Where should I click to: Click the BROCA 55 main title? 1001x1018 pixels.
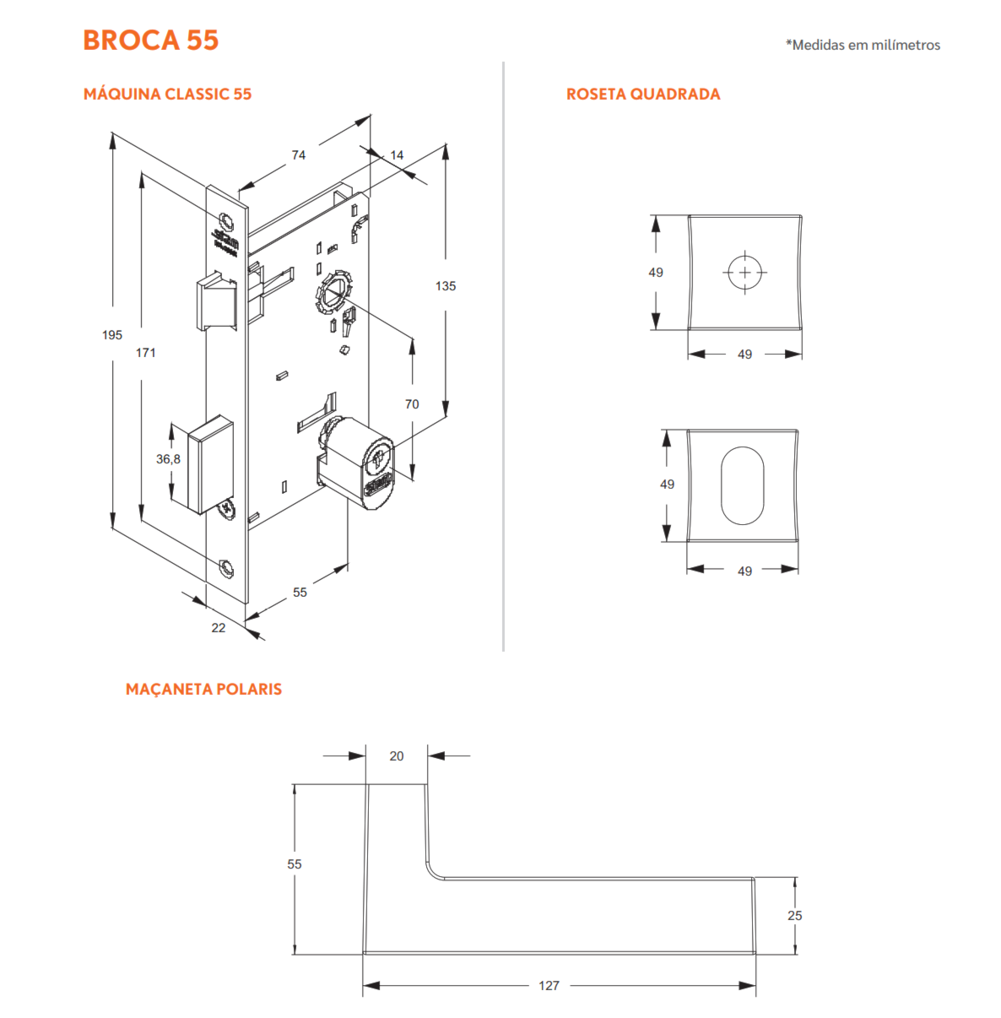pos(150,40)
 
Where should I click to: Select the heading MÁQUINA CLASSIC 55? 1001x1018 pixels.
pos(167,94)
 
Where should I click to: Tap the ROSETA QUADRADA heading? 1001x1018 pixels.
pos(643,94)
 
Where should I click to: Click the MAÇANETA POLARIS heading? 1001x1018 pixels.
pos(203,689)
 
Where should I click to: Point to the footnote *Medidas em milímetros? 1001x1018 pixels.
pos(863,45)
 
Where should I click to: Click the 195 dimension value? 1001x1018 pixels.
pos(112,335)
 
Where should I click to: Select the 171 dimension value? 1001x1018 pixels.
pos(146,353)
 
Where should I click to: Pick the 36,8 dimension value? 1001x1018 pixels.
pos(168,459)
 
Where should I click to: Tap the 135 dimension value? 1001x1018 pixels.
pos(446,286)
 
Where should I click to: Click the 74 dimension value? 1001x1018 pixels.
pos(299,155)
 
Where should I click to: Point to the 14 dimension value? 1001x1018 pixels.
pos(397,155)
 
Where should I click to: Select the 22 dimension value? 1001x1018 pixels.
pos(219,627)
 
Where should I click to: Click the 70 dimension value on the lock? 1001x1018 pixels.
pos(412,404)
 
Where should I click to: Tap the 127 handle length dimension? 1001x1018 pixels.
pos(549,985)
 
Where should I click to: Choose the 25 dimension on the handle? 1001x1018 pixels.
pos(795,915)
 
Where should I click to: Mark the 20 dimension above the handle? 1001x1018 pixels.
pos(397,756)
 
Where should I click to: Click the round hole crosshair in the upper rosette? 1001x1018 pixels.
pos(744,273)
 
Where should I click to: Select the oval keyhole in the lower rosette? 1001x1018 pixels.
pos(742,485)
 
